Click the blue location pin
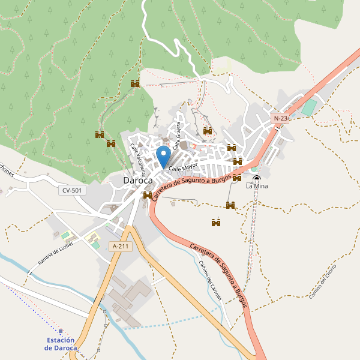point(163,157)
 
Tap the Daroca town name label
point(137,180)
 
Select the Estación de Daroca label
point(61,344)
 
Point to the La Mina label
point(257,187)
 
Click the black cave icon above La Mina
point(257,178)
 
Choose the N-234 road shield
point(281,118)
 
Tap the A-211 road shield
point(120,246)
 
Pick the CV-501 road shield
point(73,190)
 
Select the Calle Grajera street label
point(178,135)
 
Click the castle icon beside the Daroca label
point(148,195)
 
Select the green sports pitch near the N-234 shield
point(308,108)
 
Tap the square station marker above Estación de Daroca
point(61,331)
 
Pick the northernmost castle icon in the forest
point(135,83)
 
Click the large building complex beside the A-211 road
point(129,297)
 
